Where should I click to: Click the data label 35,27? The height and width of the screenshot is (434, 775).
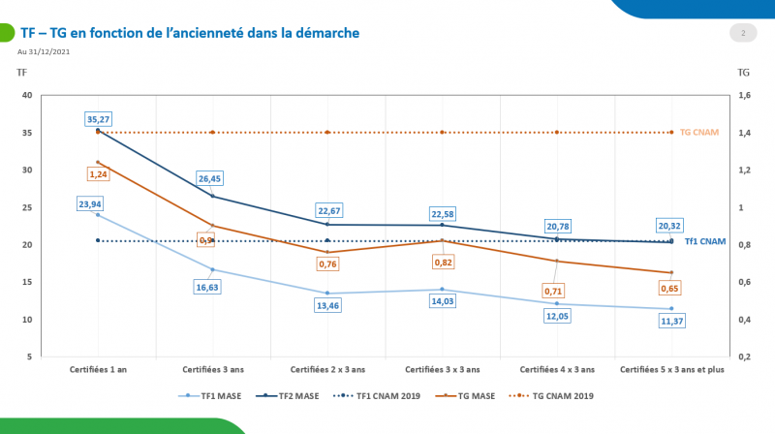coord(98,120)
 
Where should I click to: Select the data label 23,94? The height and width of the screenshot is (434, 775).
coord(98,204)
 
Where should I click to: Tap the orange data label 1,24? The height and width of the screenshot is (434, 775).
coord(98,173)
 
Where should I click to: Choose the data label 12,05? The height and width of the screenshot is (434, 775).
coord(557,317)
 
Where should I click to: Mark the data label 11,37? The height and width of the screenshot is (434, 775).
coord(671,323)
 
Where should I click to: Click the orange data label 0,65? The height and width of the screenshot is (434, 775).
coord(671,289)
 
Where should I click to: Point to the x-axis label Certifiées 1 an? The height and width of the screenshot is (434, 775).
coord(98,369)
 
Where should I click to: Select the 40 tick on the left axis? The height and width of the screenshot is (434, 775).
coord(27,95)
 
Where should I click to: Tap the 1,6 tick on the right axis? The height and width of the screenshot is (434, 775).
coord(745,95)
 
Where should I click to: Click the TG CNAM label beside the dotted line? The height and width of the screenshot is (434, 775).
coord(699,132)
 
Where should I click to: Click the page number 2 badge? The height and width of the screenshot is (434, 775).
coord(742,34)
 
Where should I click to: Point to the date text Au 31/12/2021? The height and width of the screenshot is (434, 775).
coord(44,51)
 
